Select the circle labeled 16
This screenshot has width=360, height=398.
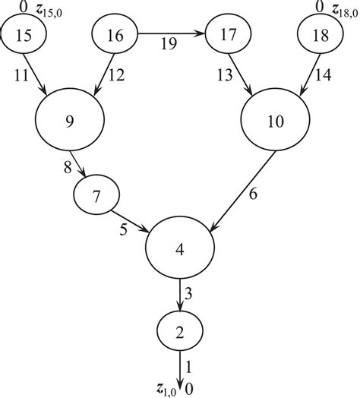(115, 35)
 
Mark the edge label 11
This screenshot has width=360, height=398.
(22, 75)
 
